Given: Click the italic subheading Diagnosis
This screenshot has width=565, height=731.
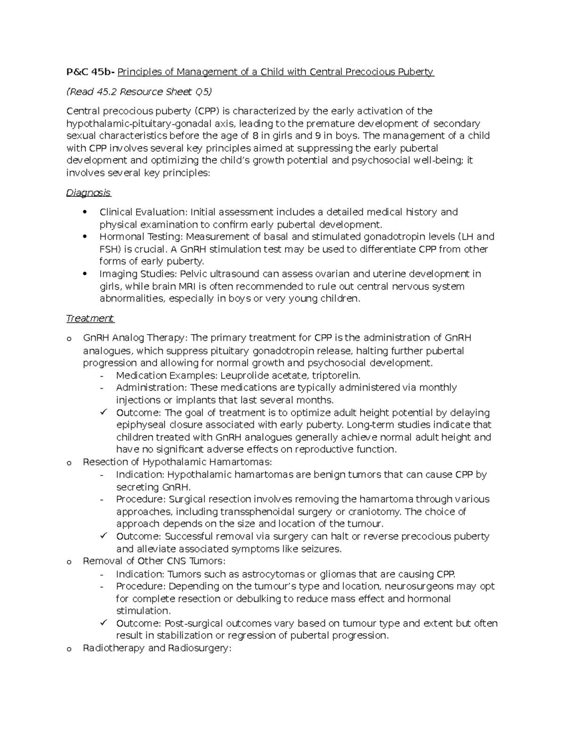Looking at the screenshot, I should point(89,193).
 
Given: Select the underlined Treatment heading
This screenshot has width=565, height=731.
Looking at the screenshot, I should point(90,319).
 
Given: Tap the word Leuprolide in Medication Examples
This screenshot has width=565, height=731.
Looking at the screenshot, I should point(244,376).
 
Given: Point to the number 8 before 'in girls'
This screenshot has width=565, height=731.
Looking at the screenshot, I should point(255,136).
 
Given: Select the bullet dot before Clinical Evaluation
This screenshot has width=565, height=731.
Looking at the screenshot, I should point(84,212).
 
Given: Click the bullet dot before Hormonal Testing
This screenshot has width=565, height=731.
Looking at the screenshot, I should point(84,236).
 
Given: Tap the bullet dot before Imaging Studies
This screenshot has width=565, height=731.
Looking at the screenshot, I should point(84,274).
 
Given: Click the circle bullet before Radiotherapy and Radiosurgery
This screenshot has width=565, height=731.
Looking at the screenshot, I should point(69,649).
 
